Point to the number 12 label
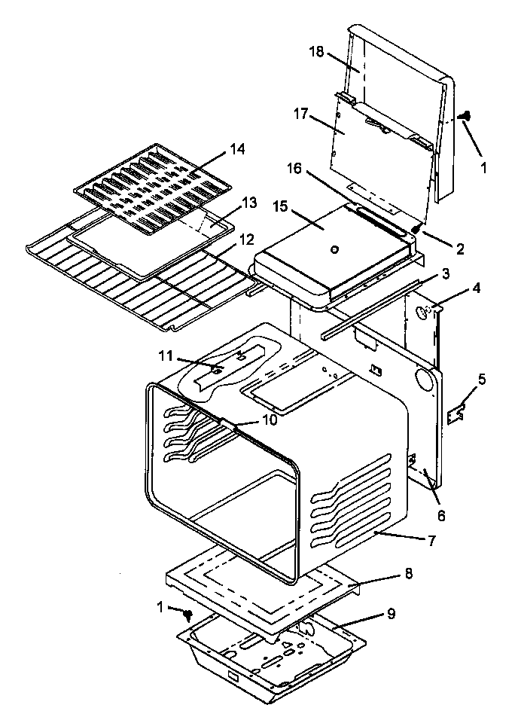[247, 239]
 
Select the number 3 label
[446, 273]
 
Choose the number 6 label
[441, 516]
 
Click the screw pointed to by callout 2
[415, 227]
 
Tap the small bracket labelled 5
[456, 413]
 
